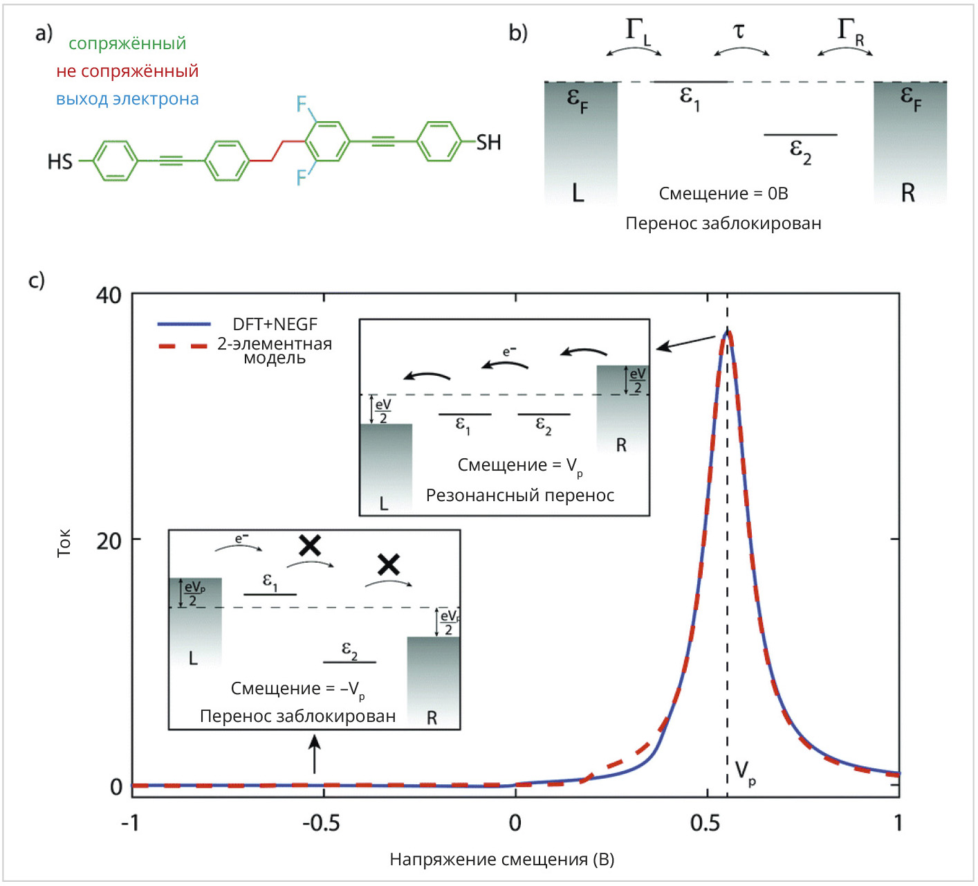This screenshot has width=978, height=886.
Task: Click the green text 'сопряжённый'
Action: [127, 44]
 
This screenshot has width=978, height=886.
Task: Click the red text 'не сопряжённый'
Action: [127, 71]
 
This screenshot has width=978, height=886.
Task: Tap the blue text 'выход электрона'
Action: [127, 99]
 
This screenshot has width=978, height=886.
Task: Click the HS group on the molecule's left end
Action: [60, 162]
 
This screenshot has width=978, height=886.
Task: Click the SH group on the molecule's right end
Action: [488, 143]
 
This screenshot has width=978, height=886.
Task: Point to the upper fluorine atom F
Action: [302, 105]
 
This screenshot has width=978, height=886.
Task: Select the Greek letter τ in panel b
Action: [739, 31]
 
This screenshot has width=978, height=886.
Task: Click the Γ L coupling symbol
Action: [638, 32]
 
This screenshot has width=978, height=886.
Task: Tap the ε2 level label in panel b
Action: [800, 151]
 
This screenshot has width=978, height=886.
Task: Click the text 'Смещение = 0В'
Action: [723, 194]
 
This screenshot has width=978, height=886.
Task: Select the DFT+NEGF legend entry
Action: [274, 324]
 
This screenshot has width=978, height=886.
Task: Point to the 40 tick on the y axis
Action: [109, 296]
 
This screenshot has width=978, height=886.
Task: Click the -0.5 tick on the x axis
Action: [321, 822]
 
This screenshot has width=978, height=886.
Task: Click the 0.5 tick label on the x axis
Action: [705, 822]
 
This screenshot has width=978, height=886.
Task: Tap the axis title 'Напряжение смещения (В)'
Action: [502, 860]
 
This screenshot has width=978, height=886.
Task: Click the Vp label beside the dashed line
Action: [745, 772]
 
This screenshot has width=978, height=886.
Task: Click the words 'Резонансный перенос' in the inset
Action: [520, 496]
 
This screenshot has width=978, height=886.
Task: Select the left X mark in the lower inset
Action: [310, 545]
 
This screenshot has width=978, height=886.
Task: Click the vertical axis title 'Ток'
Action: [64, 543]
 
